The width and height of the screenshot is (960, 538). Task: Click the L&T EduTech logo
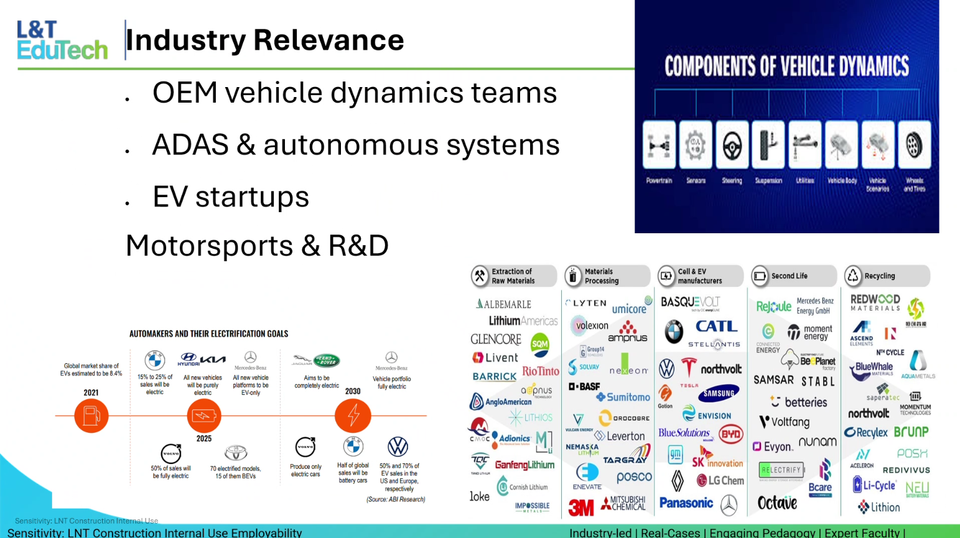pos(62,40)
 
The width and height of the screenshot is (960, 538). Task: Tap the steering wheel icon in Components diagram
pos(732,146)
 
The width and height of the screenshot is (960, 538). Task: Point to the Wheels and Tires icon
pos(914,146)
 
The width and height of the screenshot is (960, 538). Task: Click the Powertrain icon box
pos(659,146)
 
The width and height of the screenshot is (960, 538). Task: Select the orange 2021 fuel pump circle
pos(91,415)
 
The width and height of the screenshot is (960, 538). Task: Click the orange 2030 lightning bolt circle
pos(353,415)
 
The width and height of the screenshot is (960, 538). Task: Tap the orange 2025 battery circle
pos(204,415)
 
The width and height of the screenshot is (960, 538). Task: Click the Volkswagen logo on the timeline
pos(398,447)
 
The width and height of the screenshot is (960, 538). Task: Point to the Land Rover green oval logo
pos(326,360)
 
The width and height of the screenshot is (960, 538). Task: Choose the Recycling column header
pos(887,276)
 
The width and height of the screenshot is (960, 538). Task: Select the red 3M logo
pos(581,508)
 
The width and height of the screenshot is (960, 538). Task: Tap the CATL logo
pos(716,327)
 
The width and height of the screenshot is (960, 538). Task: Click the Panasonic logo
pos(686,503)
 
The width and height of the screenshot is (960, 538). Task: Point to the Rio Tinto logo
pos(540,371)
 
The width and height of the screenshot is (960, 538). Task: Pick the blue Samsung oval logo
pos(719,393)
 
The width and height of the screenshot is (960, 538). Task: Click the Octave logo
pos(777,503)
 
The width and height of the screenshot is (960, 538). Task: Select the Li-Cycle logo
pos(874,485)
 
